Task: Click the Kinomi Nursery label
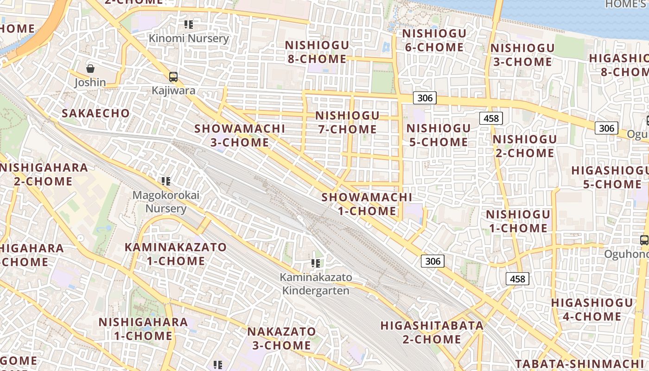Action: point(189,38)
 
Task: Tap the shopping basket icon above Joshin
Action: point(90,69)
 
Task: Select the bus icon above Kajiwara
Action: point(173,77)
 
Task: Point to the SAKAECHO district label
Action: point(95,113)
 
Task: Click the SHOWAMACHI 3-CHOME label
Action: point(240,135)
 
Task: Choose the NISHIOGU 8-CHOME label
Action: point(317,52)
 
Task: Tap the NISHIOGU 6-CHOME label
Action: point(434,40)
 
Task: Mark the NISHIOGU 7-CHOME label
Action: point(348,122)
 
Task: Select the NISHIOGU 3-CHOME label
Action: point(522,55)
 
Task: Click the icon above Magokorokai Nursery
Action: point(165,181)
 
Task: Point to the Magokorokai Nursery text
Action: point(166,202)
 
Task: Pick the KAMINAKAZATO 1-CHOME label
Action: point(176,254)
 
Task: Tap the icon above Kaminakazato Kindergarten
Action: point(316,263)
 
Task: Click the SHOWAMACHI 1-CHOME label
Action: point(367,204)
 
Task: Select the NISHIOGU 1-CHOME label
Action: point(518,221)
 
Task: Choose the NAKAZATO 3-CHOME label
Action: point(281,338)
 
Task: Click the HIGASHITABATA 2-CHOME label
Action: point(432,332)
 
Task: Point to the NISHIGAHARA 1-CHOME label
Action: point(143,328)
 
